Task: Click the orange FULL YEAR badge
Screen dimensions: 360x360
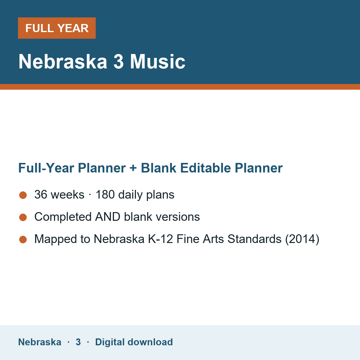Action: point(57,28)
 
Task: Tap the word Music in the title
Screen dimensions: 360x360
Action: point(157,61)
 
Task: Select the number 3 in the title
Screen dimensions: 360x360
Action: point(118,61)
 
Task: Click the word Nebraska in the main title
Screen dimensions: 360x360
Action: point(63,61)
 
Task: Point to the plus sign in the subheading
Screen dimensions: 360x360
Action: point(133,168)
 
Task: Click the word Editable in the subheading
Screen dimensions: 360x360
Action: point(205,168)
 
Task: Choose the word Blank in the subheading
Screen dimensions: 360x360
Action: point(158,168)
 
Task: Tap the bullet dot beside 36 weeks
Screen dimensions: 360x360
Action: point(23,195)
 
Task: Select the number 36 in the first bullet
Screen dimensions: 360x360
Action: point(41,194)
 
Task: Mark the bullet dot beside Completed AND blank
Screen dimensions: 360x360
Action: point(23,217)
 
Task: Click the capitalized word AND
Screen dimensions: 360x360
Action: point(108,217)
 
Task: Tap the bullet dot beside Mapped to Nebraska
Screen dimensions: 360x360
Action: point(23,239)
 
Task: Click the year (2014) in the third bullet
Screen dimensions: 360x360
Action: point(302,239)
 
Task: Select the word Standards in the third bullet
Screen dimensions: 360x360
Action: point(254,239)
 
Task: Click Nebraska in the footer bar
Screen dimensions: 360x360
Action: point(40,342)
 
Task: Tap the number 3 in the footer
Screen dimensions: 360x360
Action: point(78,342)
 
